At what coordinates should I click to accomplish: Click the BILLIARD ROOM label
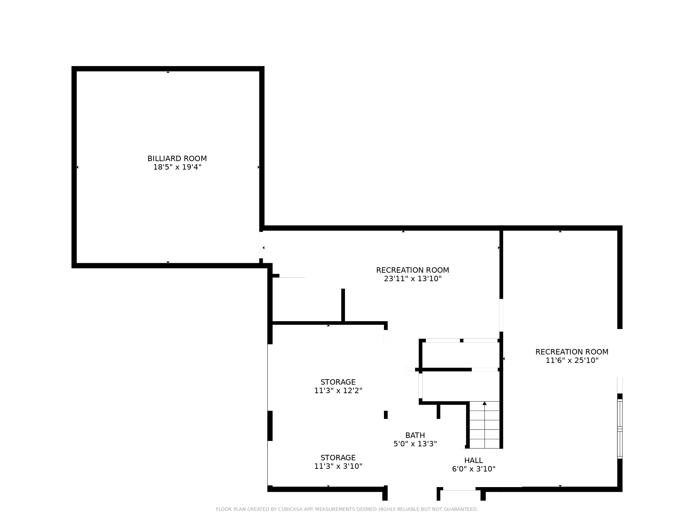pos(177,158)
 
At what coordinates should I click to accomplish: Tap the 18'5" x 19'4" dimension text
pos(177,167)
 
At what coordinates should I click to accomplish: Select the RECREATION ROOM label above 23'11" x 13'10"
pos(412,270)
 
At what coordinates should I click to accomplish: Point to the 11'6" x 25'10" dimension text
pos(572,360)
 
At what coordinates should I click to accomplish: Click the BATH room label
pos(415,435)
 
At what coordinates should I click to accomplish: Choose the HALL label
pos(473,460)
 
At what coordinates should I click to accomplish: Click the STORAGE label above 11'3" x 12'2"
pos(338,382)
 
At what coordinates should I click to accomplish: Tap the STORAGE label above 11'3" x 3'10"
pos(338,458)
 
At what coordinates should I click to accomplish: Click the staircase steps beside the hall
pos(485,425)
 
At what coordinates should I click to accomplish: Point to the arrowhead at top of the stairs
pos(485,403)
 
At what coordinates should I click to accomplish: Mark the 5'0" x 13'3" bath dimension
pos(415,444)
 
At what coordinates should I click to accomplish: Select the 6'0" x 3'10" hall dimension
pos(474,469)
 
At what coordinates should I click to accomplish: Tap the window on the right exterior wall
pos(620,429)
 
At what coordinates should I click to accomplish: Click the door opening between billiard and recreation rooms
pos(261,245)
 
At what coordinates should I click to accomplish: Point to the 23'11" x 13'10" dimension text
pos(413,278)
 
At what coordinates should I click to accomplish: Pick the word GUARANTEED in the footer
pos(461,509)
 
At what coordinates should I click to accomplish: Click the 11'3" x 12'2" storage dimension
pos(338,390)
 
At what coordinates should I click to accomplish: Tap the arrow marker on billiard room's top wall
pos(168,72)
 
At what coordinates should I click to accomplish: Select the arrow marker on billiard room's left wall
pos(77,167)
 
